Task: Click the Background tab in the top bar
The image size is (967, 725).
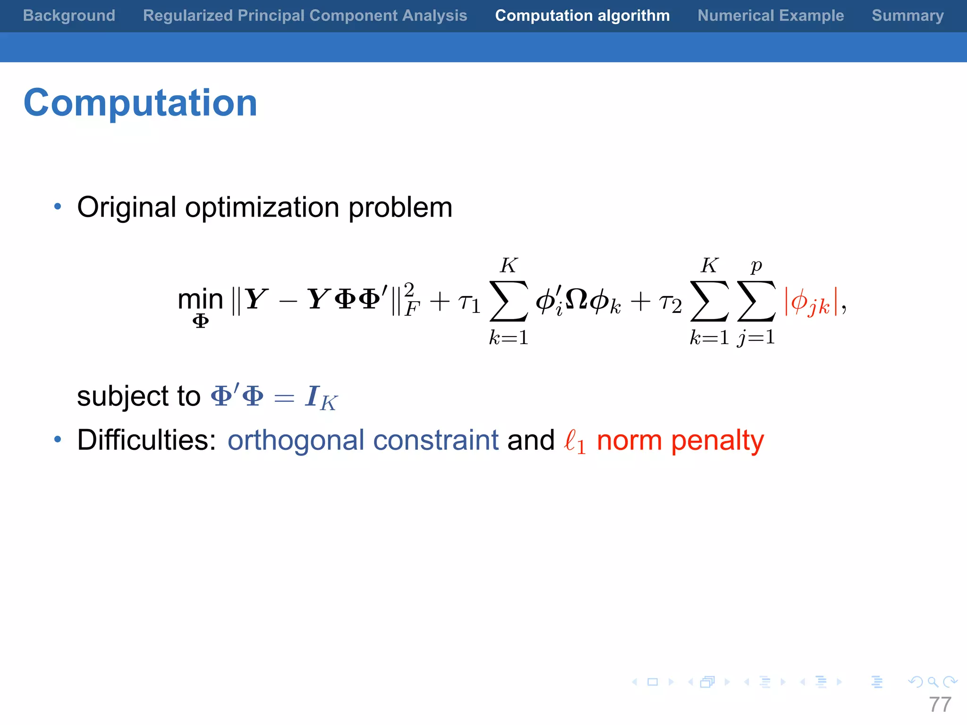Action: click(69, 16)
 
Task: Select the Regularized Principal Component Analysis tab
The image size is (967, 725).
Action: click(305, 16)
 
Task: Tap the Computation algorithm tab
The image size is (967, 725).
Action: click(582, 16)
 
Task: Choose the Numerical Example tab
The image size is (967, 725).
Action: click(771, 16)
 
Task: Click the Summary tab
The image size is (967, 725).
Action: click(908, 16)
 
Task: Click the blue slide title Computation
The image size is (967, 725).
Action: click(140, 103)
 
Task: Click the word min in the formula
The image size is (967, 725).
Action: click(200, 299)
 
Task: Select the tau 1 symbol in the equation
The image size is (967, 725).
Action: click(469, 303)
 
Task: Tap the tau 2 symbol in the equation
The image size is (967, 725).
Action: click(670, 303)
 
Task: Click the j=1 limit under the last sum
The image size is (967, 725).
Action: click(756, 337)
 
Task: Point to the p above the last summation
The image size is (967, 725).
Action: click(756, 266)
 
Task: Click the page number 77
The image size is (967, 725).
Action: click(940, 705)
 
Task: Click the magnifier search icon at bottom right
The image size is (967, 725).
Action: click(932, 682)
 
